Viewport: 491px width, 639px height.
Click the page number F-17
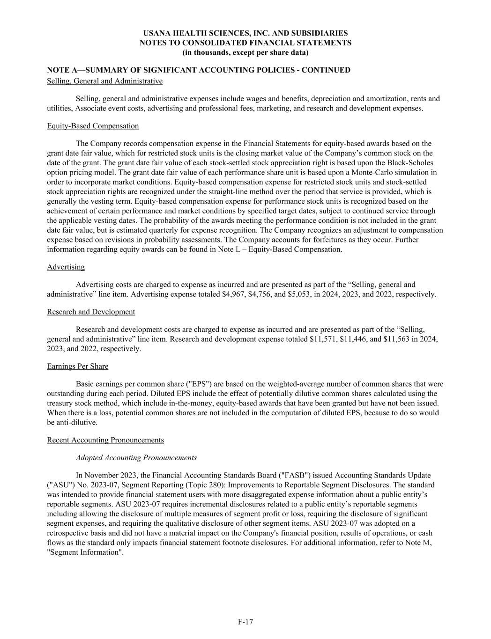click(245, 622)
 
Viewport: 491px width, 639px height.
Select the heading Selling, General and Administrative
click(104, 81)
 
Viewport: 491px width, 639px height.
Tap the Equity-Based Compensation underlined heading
click(93, 126)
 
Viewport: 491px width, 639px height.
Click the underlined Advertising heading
click(66, 267)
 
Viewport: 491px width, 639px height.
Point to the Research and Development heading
click(91, 312)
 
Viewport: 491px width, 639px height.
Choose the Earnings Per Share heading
click(77, 366)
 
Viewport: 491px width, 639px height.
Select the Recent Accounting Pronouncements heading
click(105, 440)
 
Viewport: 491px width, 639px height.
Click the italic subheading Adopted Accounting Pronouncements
click(136, 458)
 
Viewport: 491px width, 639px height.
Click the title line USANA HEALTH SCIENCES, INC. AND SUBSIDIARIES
click(245, 33)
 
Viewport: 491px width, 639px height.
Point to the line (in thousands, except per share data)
click(245, 52)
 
